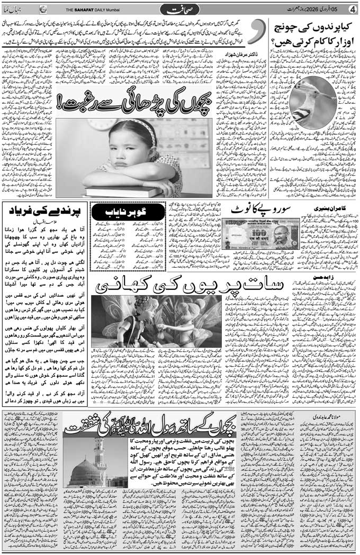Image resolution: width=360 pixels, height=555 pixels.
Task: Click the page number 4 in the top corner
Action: point(351,9)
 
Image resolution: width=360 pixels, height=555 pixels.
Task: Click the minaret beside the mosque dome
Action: point(100,458)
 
